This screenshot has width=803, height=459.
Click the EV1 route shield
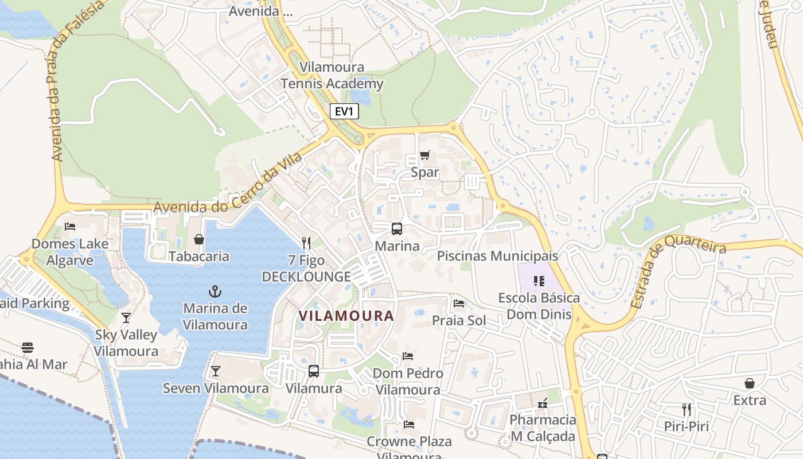pyautogui.click(x=344, y=111)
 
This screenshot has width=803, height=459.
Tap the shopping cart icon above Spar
pyautogui.click(x=425, y=155)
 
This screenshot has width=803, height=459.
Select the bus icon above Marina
pyautogui.click(x=397, y=229)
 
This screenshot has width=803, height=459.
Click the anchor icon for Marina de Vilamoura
pyautogui.click(x=215, y=291)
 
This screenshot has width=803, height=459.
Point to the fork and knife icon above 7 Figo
pyautogui.click(x=306, y=243)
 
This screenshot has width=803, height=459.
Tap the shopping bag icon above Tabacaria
pyautogui.click(x=199, y=239)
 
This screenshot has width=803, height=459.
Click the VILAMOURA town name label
pyautogui.click(x=346, y=316)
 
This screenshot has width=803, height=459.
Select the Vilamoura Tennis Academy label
pyautogui.click(x=332, y=76)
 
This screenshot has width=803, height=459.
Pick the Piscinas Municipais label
pyautogui.click(x=497, y=256)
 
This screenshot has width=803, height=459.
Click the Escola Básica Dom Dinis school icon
pyautogui.click(x=539, y=281)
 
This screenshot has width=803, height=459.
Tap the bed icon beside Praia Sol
pyautogui.click(x=459, y=304)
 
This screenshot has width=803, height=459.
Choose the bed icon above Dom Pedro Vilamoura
pyautogui.click(x=408, y=356)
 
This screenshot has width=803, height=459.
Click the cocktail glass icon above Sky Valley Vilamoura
pyautogui.click(x=126, y=318)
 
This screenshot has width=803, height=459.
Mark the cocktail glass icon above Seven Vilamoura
pyautogui.click(x=215, y=371)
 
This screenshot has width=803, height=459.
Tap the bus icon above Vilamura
pyautogui.click(x=314, y=371)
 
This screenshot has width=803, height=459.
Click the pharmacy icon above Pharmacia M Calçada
pyautogui.click(x=542, y=403)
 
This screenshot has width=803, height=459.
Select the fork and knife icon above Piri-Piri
pyautogui.click(x=686, y=410)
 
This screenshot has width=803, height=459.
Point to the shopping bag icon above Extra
pyautogui.click(x=750, y=383)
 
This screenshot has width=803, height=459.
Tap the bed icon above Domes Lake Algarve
pyautogui.click(x=70, y=227)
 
